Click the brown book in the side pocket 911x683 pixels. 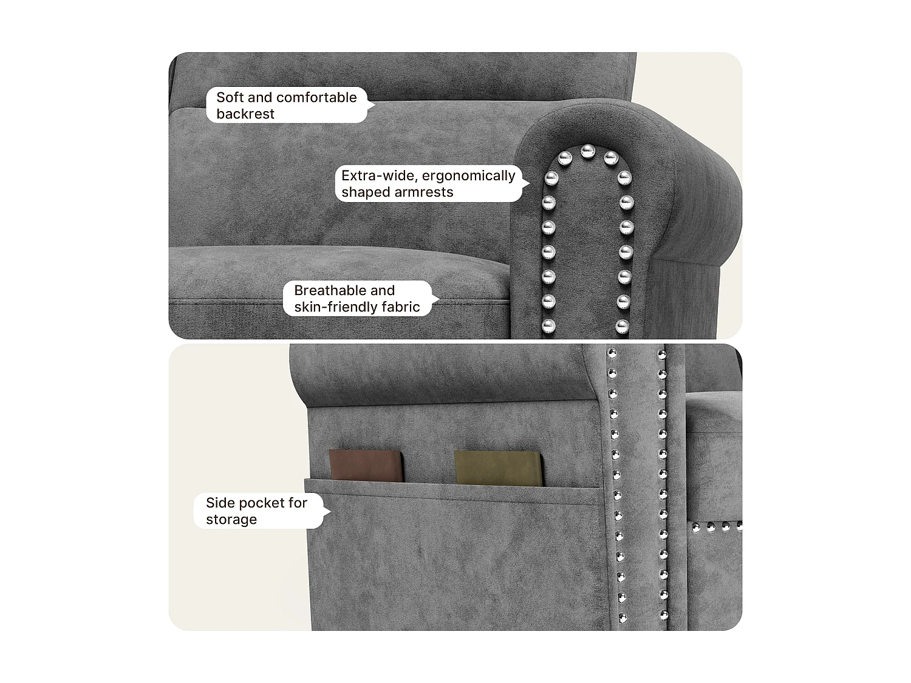tap(366, 466)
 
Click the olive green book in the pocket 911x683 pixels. tap(498, 468)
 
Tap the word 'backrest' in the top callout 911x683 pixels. tap(245, 114)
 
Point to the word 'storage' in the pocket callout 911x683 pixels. tap(231, 520)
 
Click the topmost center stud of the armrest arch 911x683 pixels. tap(587, 151)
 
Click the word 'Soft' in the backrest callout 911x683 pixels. tap(230, 98)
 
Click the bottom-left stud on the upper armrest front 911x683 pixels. tap(548, 326)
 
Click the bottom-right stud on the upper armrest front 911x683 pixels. tap(622, 327)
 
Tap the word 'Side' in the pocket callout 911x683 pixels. tap(220, 503)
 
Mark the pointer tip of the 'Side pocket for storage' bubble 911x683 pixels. tap(331, 512)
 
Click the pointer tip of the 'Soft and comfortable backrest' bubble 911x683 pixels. tap(375, 105)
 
